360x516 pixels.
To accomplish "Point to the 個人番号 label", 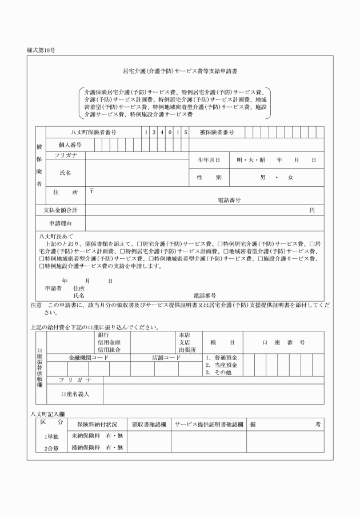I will (70, 145).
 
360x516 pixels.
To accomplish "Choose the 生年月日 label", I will (209, 161).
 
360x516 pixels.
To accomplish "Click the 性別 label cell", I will (209, 178).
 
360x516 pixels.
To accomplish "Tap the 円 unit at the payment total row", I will (312, 210).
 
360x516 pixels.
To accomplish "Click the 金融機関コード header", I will (89, 357).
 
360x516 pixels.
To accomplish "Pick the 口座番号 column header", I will (283, 342).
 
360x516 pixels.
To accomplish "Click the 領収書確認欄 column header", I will (149, 425).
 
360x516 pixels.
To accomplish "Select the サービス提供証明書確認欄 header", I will (209, 425).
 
